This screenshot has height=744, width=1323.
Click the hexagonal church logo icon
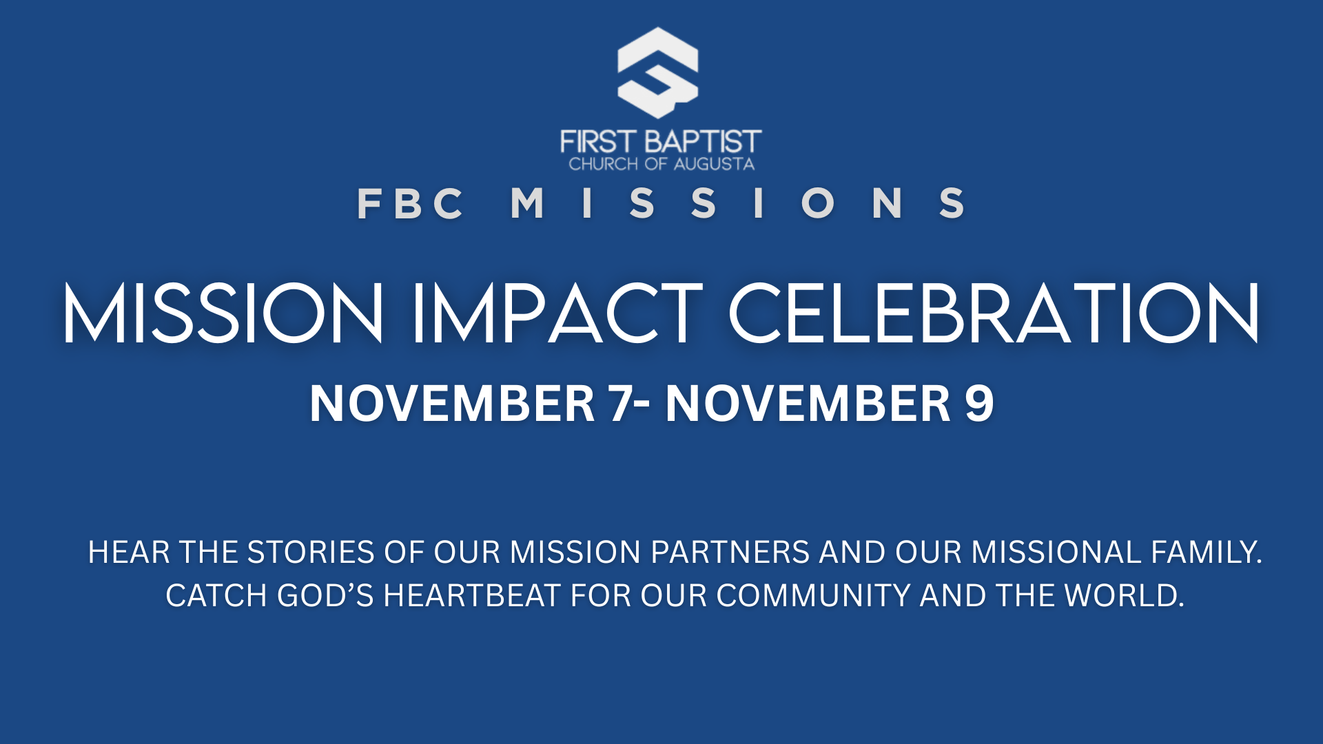pos(658,72)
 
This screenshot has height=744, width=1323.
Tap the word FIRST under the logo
pos(597,142)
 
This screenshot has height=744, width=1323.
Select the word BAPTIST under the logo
pos(703,142)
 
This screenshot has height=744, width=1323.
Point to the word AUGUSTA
pos(714,164)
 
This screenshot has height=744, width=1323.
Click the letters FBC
pos(411,203)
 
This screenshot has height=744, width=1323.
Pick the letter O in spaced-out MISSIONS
pos(818,203)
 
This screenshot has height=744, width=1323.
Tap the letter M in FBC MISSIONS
pos(527,203)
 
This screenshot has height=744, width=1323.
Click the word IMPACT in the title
pos(557,313)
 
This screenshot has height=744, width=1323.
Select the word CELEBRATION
pos(994,313)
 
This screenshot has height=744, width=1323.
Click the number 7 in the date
pos(619,403)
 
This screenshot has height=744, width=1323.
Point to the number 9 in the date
pos(979,403)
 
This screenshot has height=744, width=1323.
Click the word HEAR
pos(129,552)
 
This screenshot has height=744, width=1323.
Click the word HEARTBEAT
pos(472,596)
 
